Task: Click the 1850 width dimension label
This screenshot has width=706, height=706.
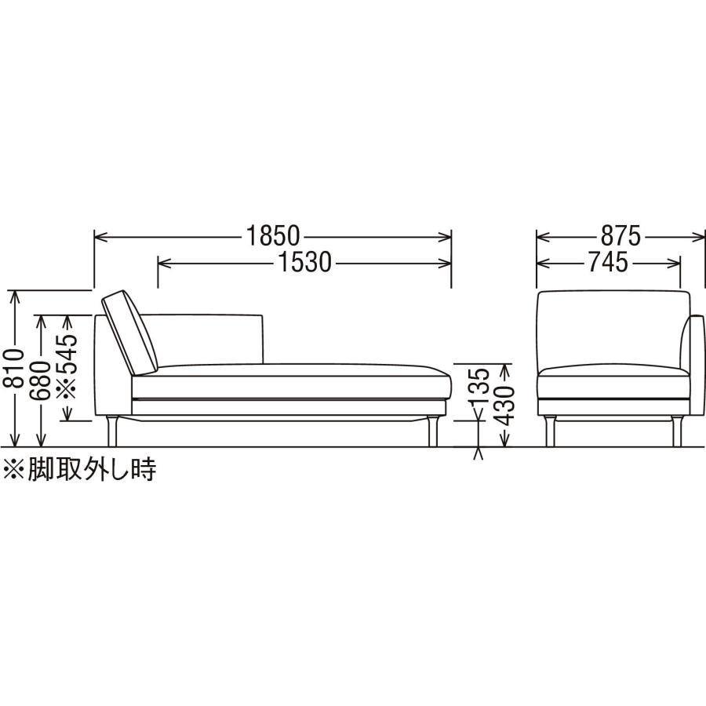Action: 272,236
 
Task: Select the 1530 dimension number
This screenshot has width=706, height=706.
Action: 305,262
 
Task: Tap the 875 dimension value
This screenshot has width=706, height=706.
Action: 620,236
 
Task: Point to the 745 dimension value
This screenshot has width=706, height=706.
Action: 608,262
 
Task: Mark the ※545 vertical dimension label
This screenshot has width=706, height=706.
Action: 67,366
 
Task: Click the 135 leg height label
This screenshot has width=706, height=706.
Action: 479,386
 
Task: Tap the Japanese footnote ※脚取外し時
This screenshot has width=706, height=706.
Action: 80,470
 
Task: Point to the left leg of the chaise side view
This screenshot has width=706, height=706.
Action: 111,431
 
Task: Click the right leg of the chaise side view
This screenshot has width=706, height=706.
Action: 433,431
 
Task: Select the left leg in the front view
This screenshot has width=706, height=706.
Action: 550,431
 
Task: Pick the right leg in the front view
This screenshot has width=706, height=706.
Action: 677,431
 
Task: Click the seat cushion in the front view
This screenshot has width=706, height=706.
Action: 613,381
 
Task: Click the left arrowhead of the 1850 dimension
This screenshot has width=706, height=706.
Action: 100,236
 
